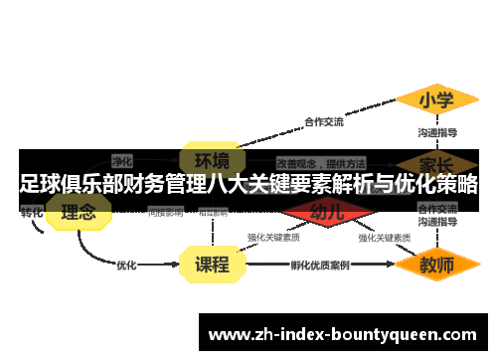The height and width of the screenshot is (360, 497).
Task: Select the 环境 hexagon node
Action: (x=211, y=160)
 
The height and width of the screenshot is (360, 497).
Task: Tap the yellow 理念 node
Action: (x=79, y=212)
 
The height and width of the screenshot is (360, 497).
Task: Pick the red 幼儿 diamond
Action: (x=327, y=212)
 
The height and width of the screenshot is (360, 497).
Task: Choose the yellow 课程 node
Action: (x=211, y=265)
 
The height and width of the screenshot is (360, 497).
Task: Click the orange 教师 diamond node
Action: (x=436, y=265)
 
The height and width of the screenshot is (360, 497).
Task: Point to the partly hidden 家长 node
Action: (x=436, y=161)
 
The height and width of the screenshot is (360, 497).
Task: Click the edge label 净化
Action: (x=122, y=160)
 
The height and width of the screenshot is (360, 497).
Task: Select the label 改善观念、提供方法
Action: (x=320, y=162)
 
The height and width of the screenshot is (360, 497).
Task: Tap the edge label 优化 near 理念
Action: (x=126, y=266)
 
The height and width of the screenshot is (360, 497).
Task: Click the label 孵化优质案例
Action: (x=320, y=266)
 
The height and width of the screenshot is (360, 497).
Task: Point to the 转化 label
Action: (x=31, y=212)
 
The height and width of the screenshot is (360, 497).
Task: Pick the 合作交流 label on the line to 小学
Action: (x=323, y=122)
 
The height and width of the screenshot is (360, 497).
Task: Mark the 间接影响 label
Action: (x=165, y=212)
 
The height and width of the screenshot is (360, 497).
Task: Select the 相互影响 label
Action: (x=212, y=212)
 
